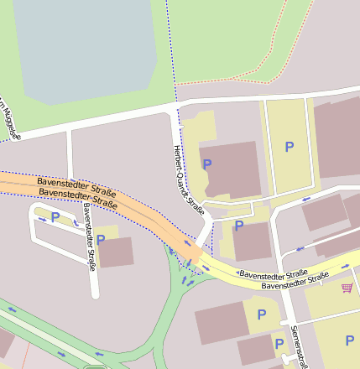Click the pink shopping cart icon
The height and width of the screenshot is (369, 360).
click(x=347, y=288)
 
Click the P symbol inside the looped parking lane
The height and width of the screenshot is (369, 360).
click(x=55, y=217)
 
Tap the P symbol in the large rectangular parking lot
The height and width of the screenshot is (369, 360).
click(x=290, y=147)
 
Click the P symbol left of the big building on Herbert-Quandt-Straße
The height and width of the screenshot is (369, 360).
click(x=207, y=164)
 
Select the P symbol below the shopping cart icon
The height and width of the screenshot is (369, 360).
click(x=349, y=340)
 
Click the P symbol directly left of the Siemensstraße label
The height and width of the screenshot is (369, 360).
click(x=279, y=343)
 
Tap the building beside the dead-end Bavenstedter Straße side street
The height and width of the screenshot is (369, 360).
click(x=116, y=252)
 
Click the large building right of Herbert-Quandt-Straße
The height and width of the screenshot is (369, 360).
click(x=232, y=169)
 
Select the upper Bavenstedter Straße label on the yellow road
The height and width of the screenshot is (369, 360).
click(x=272, y=274)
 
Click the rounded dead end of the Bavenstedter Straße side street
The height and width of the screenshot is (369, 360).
click(x=94, y=294)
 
